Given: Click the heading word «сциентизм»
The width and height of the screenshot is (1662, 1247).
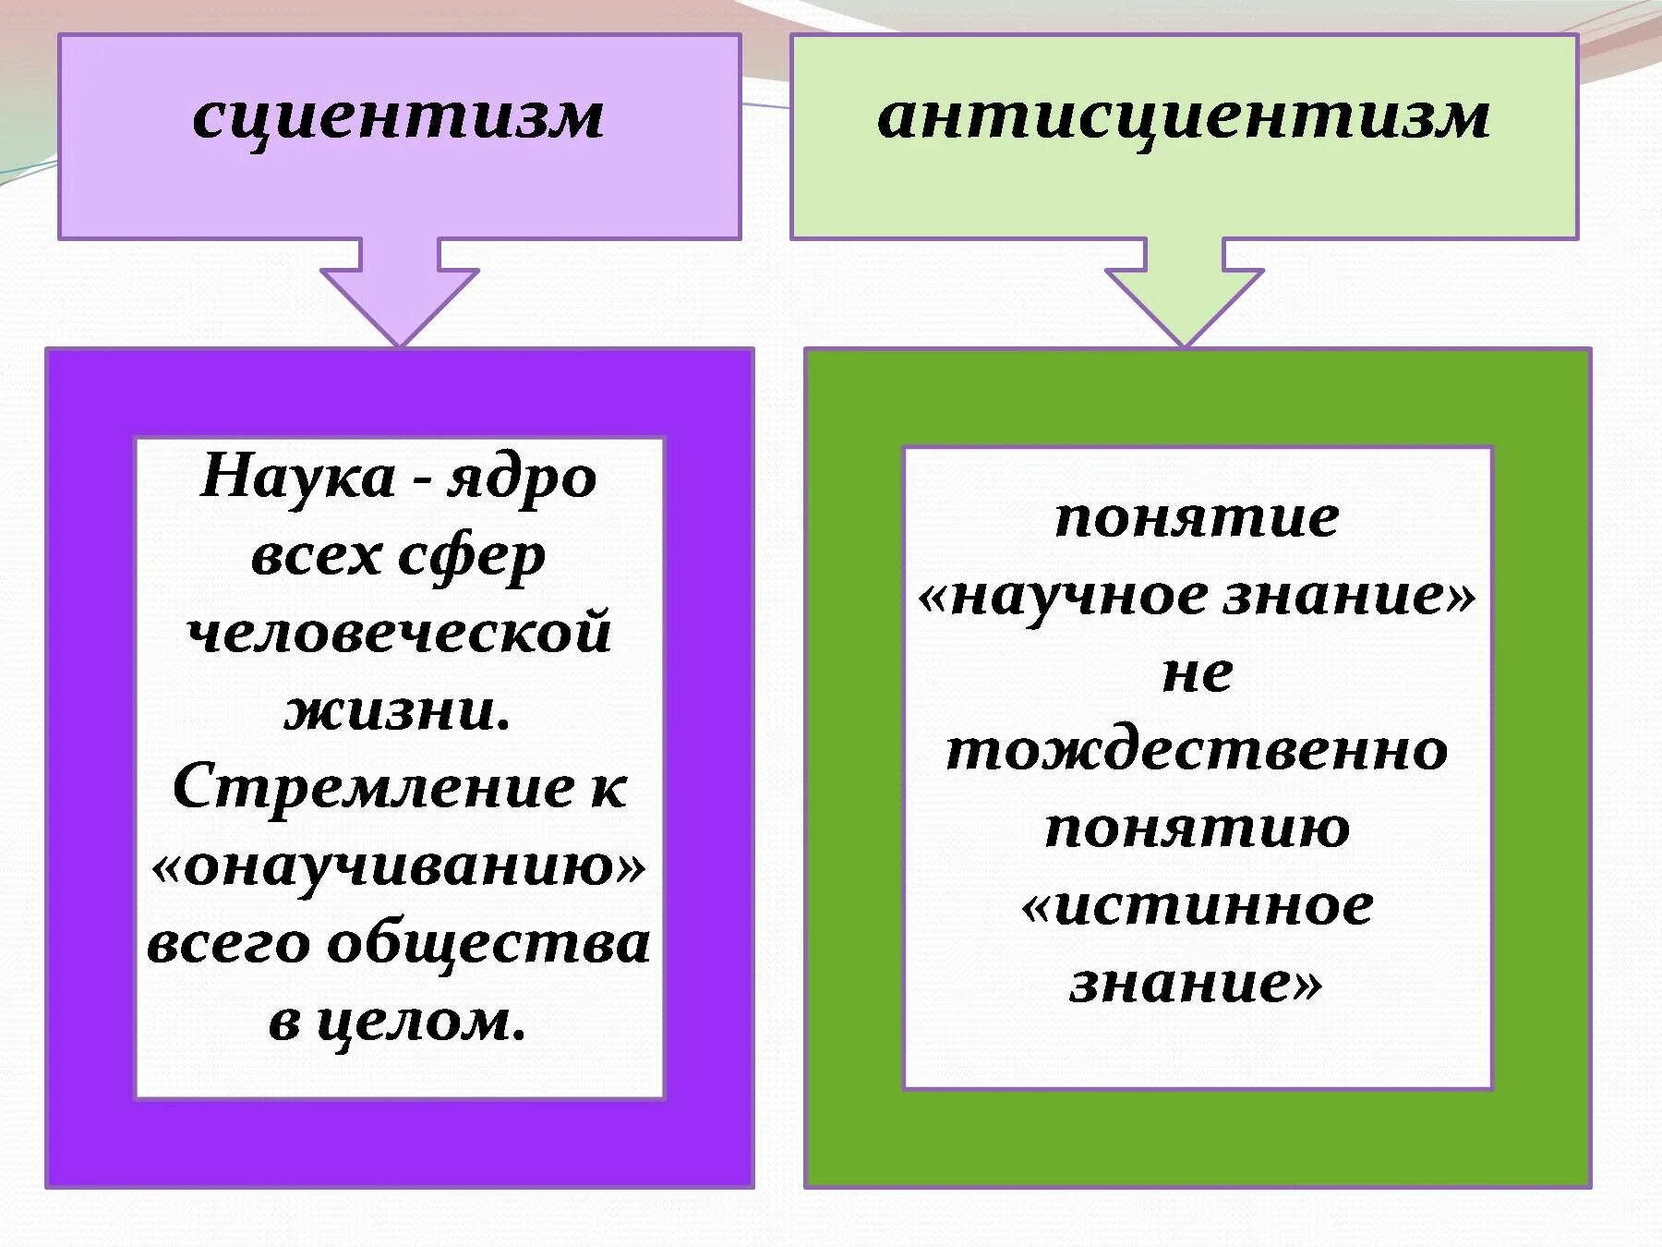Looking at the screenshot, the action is tap(398, 117).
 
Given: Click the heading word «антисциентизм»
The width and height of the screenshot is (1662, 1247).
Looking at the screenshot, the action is tap(1183, 117).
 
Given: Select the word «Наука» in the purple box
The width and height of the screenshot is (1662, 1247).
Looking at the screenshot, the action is tap(297, 478).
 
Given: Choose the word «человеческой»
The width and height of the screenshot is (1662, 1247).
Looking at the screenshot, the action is tap(399, 634).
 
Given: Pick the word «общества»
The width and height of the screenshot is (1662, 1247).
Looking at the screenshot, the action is tap(489, 944).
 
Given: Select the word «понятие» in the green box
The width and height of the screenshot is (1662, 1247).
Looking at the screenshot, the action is tap(1197, 517).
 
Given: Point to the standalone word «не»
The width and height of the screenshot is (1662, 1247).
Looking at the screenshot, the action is tap(1197, 672).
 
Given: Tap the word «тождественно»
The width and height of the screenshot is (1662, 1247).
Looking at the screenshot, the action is tap(1197, 750).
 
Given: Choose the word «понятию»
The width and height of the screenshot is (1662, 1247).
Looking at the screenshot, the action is tap(1197, 828).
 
